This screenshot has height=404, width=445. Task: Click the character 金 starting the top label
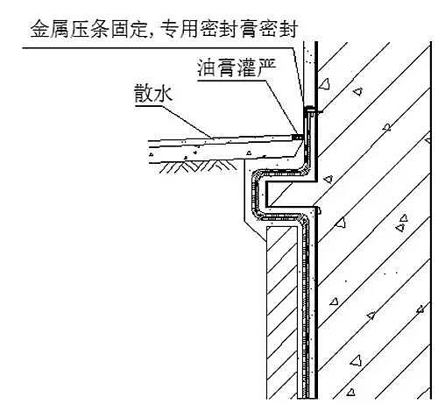click(39, 29)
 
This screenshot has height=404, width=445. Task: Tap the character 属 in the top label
click(60, 29)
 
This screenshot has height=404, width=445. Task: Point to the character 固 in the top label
click(120, 29)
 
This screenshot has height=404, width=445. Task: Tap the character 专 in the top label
click(169, 29)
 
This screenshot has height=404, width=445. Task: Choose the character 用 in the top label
click(188, 29)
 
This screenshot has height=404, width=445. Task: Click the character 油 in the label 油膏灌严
click(207, 67)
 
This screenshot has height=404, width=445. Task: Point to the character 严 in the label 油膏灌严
click(266, 67)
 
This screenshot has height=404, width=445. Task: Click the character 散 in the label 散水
click(144, 93)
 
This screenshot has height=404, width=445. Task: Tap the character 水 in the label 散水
click(163, 93)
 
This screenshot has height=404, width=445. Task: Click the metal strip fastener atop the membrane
click(310, 110)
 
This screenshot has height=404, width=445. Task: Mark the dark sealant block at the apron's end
click(297, 137)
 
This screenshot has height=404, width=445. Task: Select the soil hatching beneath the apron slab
click(198, 166)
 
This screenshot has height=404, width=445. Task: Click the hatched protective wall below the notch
click(282, 312)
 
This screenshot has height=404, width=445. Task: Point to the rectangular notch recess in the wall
click(290, 194)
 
